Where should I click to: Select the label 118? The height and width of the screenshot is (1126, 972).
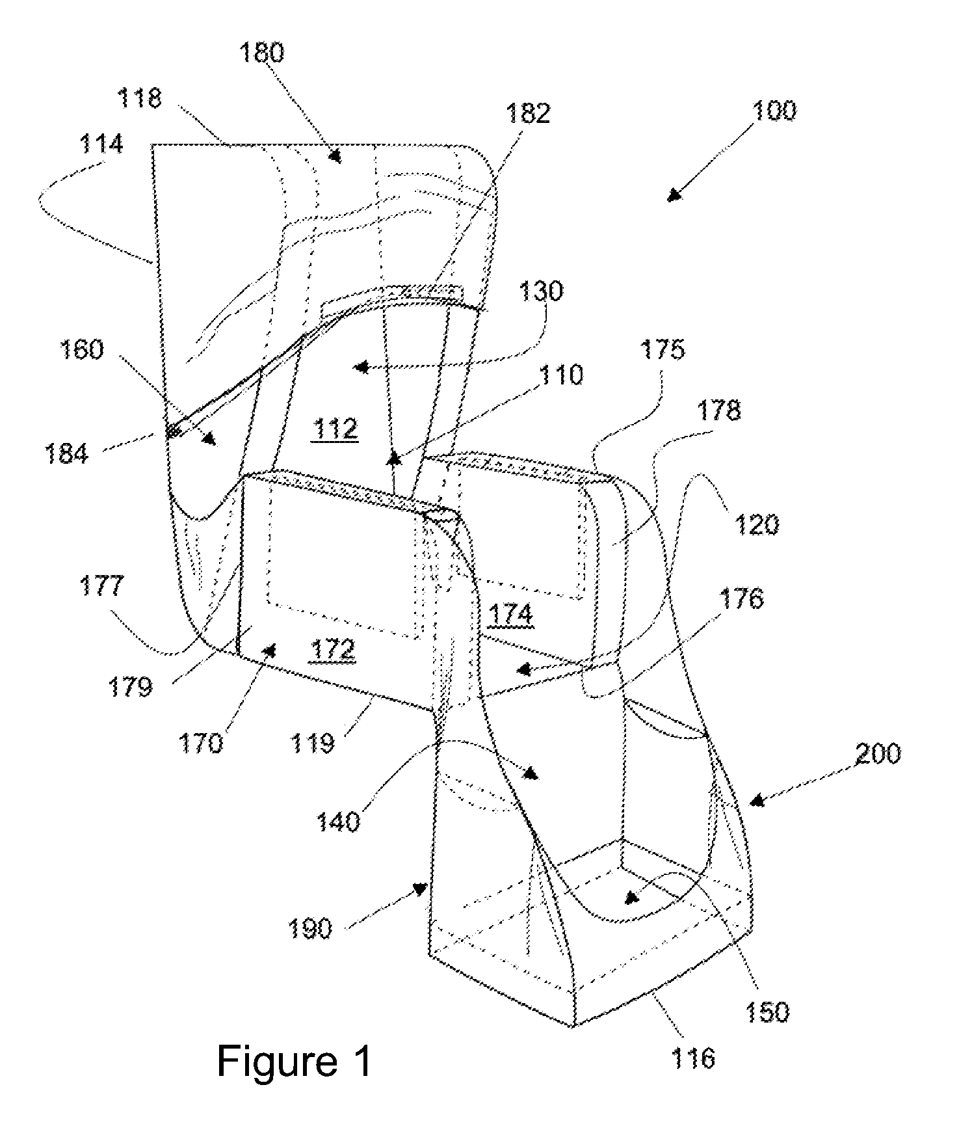coord(139,98)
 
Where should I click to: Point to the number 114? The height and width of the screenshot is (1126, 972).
coord(102,144)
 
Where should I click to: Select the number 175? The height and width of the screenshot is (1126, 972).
coord(663,350)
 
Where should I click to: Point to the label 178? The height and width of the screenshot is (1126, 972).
coord(718,410)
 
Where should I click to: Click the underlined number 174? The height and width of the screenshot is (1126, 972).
coord(511,615)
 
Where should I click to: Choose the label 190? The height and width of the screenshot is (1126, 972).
coord(309,929)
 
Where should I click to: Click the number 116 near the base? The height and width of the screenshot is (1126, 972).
coord(693,1059)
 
